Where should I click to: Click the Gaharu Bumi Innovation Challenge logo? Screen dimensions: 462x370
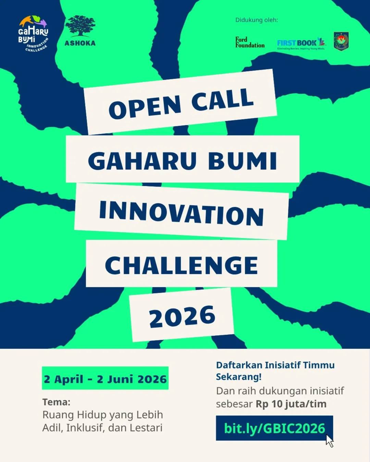pyautogui.click(x=33, y=34)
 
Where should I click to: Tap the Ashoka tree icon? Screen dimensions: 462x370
pyautogui.click(x=80, y=26)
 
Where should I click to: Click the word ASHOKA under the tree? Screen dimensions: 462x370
pyautogui.click(x=80, y=43)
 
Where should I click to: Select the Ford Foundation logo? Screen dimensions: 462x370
pyautogui.click(x=250, y=42)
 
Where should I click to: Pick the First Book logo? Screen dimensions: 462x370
pyautogui.click(x=301, y=43)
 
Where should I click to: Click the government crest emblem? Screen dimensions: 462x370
pyautogui.click(x=341, y=41)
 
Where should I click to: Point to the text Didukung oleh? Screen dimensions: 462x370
pyautogui.click(x=256, y=20)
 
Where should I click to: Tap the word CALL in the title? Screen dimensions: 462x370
pyautogui.click(x=223, y=99)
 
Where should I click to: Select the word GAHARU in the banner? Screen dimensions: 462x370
pyautogui.click(x=143, y=161)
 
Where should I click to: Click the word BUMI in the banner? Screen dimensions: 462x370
pyautogui.click(x=242, y=161)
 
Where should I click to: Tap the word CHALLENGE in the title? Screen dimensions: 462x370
pyautogui.click(x=182, y=265)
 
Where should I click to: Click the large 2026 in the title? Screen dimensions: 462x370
pyautogui.click(x=182, y=317)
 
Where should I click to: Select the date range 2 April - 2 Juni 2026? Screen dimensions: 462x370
pyautogui.click(x=105, y=379)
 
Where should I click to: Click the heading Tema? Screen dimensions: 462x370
pyautogui.click(x=56, y=402)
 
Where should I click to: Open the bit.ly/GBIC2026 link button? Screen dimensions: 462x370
pyautogui.click(x=274, y=428)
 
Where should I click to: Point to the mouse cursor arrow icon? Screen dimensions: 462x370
pyautogui.click(x=330, y=441)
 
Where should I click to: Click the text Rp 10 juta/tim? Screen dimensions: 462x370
pyautogui.click(x=291, y=404)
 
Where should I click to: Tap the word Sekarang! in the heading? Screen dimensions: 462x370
pyautogui.click(x=238, y=377)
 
